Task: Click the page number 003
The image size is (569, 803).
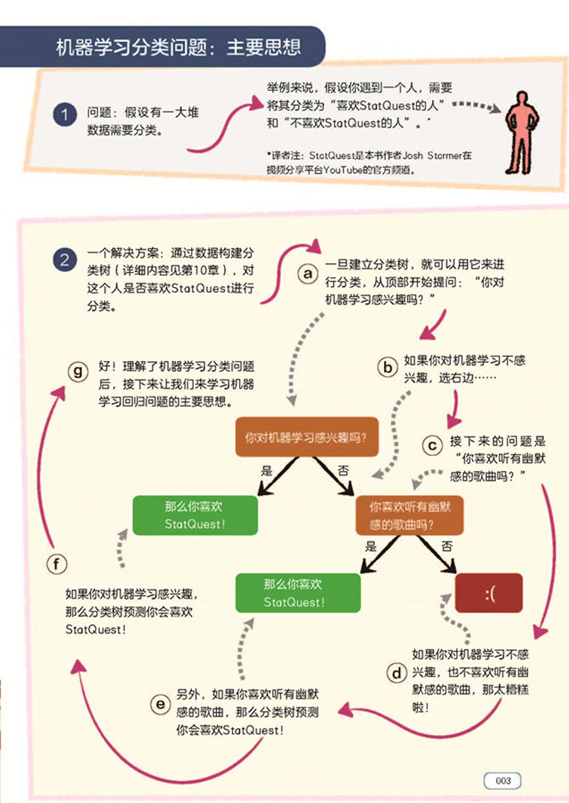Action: [503, 781]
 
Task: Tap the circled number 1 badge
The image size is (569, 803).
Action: [64, 116]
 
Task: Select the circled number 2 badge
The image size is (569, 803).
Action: [64, 261]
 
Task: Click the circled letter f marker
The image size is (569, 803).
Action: [58, 563]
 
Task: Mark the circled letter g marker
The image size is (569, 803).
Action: [78, 372]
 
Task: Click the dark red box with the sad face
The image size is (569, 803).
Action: [489, 593]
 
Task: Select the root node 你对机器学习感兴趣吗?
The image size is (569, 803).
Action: [307, 437]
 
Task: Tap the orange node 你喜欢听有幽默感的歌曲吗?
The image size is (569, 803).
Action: [408, 516]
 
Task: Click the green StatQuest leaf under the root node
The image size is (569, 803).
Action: [195, 515]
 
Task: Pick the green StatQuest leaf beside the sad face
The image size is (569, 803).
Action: [298, 593]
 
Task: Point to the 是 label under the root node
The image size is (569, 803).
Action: [266, 471]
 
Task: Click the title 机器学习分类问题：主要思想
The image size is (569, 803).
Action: [178, 47]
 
